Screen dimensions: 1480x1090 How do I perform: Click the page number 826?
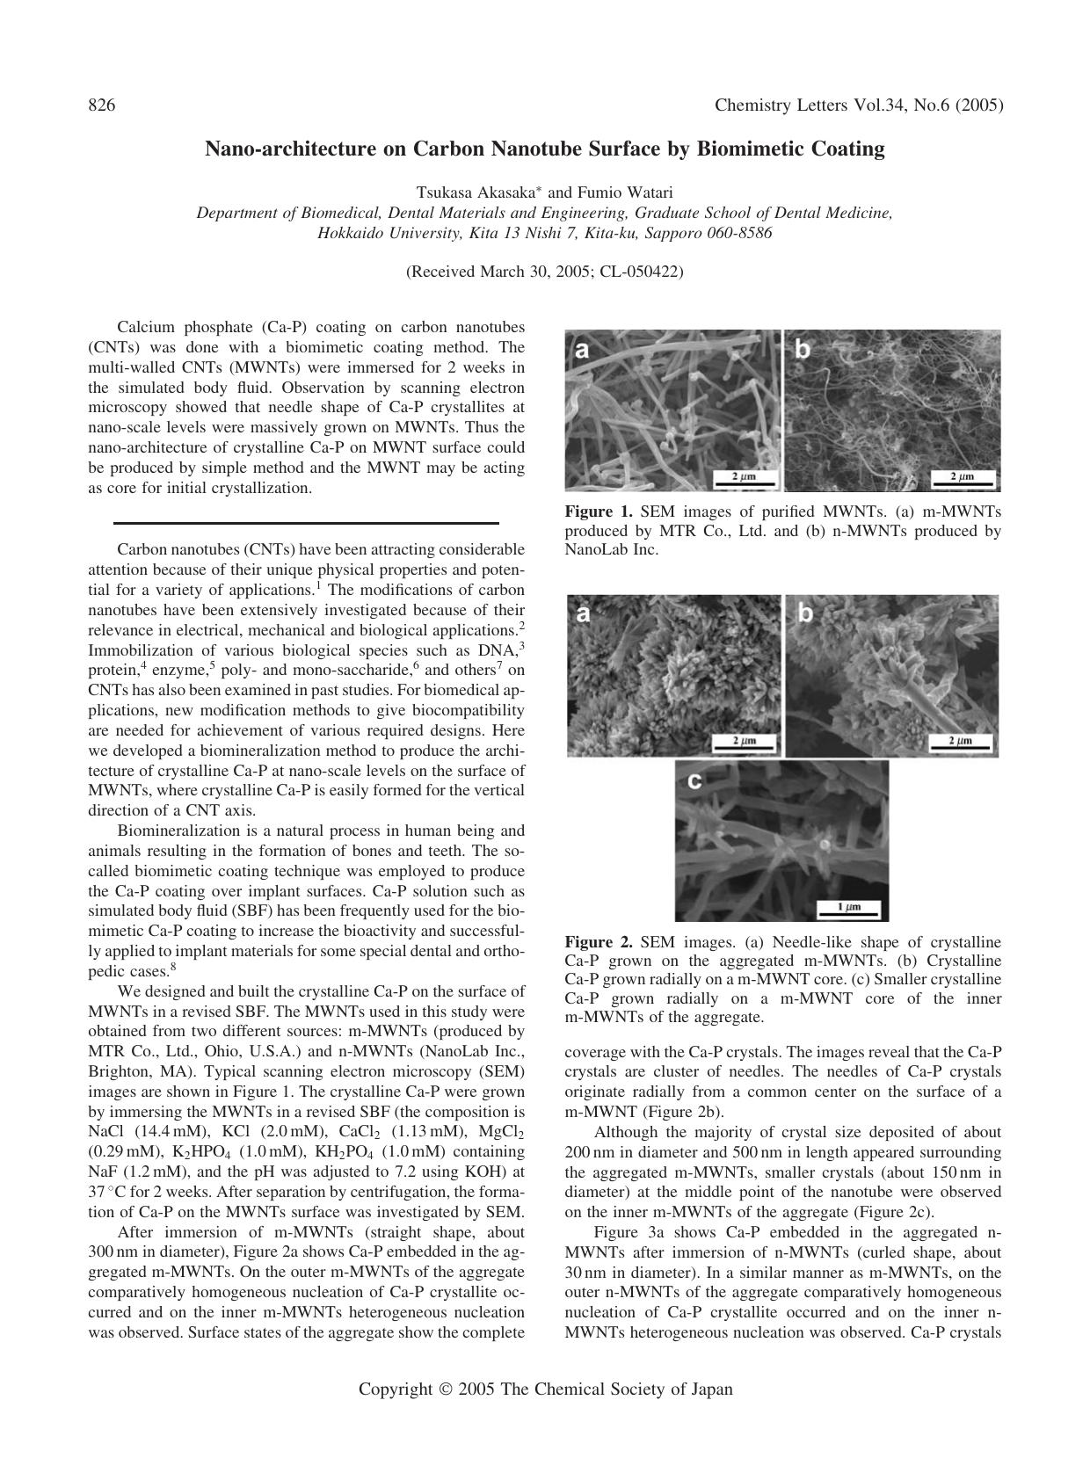102,105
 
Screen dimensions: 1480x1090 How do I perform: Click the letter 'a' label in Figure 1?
581,350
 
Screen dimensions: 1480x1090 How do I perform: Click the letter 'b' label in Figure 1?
802,350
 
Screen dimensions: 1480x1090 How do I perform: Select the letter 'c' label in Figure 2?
694,780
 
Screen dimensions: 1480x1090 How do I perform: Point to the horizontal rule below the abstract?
306,524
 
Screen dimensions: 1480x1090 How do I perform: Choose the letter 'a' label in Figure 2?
583,615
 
